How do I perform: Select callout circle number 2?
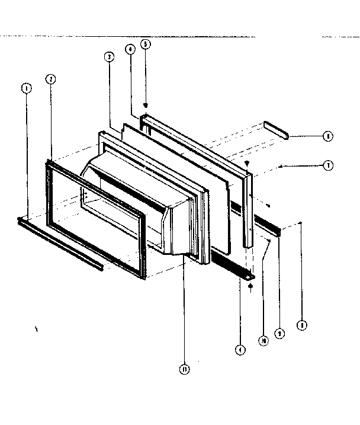pos(51,79)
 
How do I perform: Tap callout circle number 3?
pos(109,57)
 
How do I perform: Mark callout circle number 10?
pos(262,340)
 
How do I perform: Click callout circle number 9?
pos(281,334)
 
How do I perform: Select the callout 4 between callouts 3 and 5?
pos(130,50)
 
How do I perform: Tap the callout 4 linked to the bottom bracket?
pos(240,350)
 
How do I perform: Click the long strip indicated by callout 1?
pos(59,243)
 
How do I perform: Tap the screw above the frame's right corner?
pos(248,162)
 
